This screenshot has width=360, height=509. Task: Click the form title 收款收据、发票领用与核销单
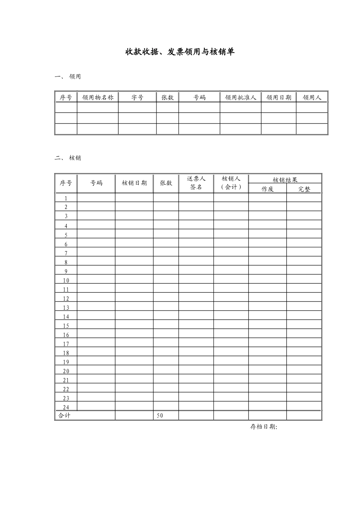(180, 52)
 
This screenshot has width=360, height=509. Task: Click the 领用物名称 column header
(98, 98)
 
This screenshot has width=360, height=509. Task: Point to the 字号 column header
(137, 98)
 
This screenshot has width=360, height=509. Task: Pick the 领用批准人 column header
(241, 98)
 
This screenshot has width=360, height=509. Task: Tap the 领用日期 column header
(279, 98)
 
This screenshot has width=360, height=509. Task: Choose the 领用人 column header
(312, 98)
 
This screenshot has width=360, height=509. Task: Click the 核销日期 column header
(134, 183)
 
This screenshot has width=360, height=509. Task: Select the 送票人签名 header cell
(196, 183)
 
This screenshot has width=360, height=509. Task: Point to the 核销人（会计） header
(231, 183)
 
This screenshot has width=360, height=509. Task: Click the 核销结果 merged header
(285, 180)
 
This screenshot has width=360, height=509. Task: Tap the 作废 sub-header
(268, 189)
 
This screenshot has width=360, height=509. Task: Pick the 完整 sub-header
(304, 189)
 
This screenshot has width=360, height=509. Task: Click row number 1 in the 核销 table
(66, 198)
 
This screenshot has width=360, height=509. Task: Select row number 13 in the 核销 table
(66, 308)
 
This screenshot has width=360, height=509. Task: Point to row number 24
(66, 408)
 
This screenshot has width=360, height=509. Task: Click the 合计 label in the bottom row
(64, 416)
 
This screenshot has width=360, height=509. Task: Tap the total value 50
(160, 416)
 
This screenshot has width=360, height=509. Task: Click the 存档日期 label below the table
(264, 427)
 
